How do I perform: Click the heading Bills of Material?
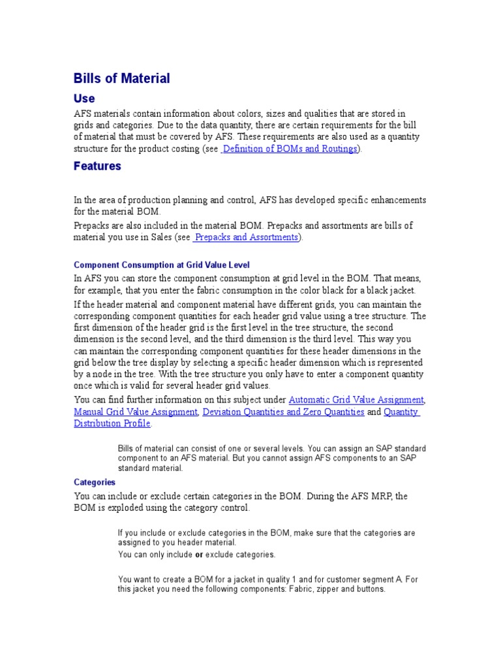click(122, 78)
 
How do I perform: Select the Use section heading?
click(84, 99)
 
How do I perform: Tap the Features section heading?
click(97, 166)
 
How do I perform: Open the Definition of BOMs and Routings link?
click(290, 149)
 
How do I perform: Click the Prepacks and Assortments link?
click(247, 237)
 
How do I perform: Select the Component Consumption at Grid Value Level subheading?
click(162, 266)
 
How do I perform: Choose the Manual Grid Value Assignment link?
click(136, 412)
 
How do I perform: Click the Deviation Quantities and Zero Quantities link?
click(284, 412)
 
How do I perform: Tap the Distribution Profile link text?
click(112, 423)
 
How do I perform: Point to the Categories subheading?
click(95, 482)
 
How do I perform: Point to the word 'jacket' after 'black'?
click(399, 290)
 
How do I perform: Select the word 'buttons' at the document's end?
click(370, 588)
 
